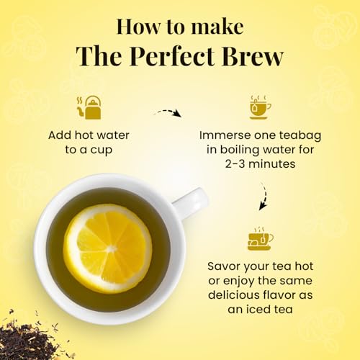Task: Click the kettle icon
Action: tap(89, 107)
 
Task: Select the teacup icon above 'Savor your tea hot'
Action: tap(260, 238)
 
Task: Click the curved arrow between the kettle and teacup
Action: tap(168, 112)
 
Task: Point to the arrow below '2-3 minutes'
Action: tap(264, 197)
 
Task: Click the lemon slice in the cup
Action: tap(107, 248)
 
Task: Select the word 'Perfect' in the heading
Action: tap(173, 56)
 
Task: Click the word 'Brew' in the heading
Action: tap(253, 56)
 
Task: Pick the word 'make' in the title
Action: tap(217, 27)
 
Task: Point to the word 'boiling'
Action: tap(240, 150)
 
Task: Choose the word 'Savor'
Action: tap(224, 266)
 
